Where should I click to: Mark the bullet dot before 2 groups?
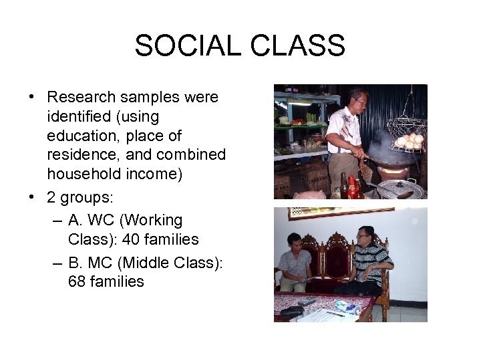tap(32, 197)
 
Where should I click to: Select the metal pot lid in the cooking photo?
tap(400, 190)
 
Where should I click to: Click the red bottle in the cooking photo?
tap(352, 187)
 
